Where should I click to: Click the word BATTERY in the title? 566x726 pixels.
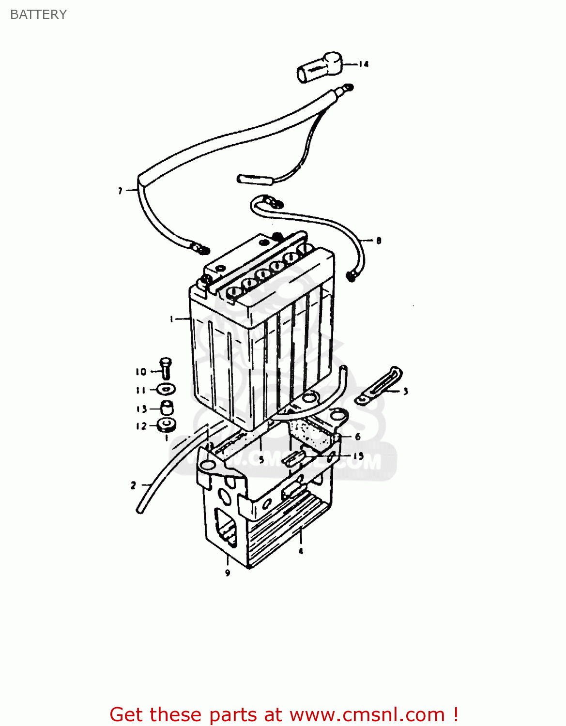[38, 15]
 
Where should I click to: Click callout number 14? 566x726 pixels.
[364, 64]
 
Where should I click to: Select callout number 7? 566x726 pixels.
[120, 191]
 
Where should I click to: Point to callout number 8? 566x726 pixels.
[379, 240]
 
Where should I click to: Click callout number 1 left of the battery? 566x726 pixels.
[171, 318]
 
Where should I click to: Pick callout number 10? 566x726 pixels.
[140, 372]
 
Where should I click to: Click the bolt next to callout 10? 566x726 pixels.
[166, 368]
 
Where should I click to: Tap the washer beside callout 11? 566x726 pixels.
[166, 389]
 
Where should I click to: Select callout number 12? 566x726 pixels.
[141, 426]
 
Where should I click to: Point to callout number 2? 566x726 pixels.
[133, 485]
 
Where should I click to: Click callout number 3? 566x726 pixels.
[405, 391]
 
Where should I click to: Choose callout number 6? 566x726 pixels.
[358, 437]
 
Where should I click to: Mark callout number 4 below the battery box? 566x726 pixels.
[301, 551]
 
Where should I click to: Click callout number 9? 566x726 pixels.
[228, 573]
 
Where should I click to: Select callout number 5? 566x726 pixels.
[261, 459]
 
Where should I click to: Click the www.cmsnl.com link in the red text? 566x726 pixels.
[367, 714]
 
